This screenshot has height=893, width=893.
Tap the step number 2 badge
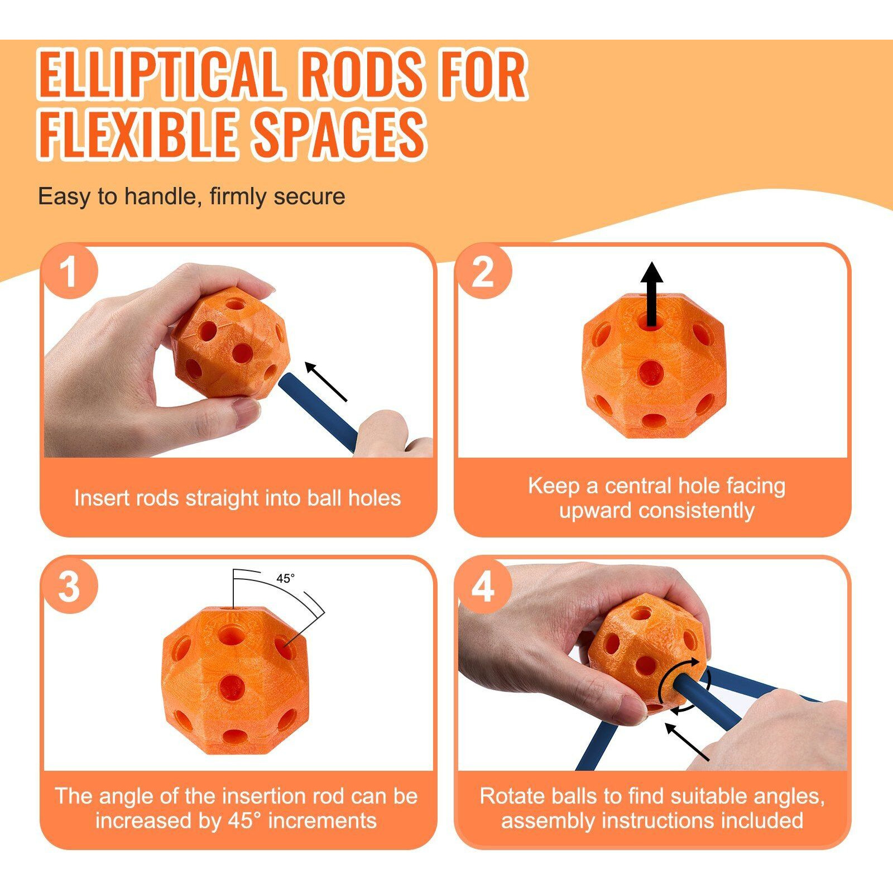click(x=483, y=272)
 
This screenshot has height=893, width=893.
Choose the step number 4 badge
click(x=483, y=585)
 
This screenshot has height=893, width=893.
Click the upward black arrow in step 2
click(x=651, y=294)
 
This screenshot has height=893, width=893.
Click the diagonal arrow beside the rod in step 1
click(x=326, y=382)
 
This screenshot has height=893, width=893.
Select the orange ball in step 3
click(x=235, y=681)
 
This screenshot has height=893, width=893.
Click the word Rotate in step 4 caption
click(x=508, y=796)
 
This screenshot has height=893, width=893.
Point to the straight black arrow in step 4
click(x=687, y=741)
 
